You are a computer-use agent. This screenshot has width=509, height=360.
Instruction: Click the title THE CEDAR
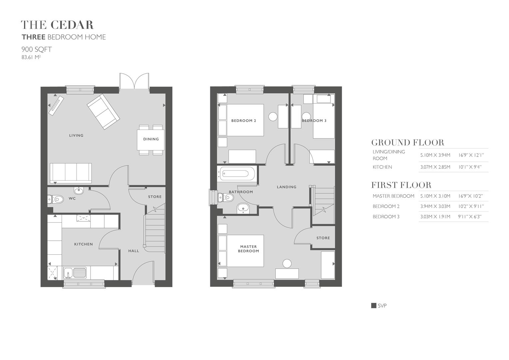[x=57, y=25]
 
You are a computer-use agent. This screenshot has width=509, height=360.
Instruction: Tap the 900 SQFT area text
[x=37, y=49]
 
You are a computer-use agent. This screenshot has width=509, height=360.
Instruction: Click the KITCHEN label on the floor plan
[x=83, y=244]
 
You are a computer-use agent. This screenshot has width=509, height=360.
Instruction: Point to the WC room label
[x=72, y=199]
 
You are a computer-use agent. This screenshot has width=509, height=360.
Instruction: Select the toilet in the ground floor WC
[x=56, y=199]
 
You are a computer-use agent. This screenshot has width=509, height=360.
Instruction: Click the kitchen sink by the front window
[x=75, y=273]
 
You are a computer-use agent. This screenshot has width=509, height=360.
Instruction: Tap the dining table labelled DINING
[x=151, y=139]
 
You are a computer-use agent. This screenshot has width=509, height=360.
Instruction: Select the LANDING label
[x=286, y=187]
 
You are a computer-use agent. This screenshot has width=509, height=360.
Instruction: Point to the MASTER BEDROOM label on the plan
[x=249, y=249]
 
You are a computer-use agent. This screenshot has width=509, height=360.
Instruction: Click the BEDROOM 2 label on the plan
[x=244, y=121]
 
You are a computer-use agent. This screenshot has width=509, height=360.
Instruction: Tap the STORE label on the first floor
[x=323, y=238]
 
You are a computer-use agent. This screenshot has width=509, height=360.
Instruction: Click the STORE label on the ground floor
[x=155, y=197]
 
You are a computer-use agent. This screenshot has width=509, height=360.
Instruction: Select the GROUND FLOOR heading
[x=408, y=143]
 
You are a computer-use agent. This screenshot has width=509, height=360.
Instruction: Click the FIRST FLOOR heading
[x=401, y=185]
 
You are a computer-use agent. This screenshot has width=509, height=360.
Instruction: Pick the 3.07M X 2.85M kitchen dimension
[x=435, y=167]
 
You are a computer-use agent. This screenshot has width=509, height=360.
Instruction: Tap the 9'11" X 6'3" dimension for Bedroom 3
[x=470, y=217]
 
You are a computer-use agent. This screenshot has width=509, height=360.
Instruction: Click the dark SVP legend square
[x=374, y=306]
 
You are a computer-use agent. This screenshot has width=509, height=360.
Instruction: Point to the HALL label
[x=134, y=251]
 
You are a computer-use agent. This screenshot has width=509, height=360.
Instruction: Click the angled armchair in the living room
[x=103, y=111]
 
